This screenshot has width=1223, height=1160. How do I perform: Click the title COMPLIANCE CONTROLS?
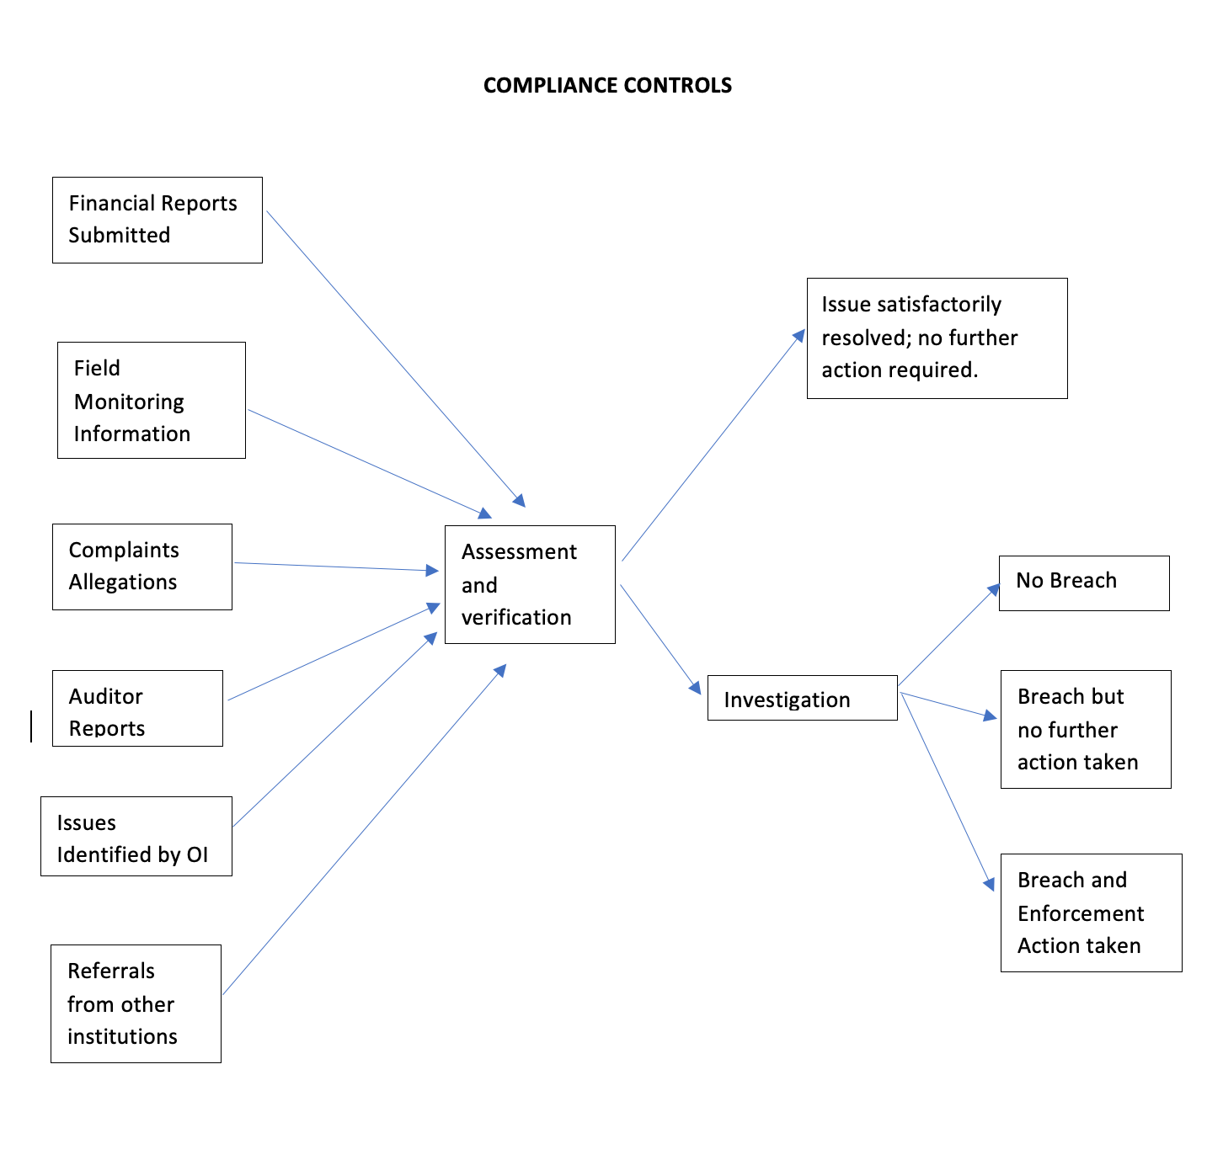tap(607, 85)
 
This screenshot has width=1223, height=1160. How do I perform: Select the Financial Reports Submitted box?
tap(157, 220)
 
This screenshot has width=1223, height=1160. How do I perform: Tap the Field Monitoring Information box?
tap(152, 400)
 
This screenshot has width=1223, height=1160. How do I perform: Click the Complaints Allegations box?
tap(142, 567)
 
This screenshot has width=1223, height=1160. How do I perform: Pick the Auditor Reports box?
tap(137, 708)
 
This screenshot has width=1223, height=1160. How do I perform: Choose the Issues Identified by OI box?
tap(136, 836)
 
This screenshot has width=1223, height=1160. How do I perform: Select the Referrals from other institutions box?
tap(136, 1003)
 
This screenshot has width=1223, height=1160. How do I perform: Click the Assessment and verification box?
tap(530, 584)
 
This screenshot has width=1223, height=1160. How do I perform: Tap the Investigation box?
tap(802, 698)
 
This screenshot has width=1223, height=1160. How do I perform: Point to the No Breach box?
tap(1083, 583)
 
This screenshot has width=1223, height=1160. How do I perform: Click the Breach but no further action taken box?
tap(1085, 729)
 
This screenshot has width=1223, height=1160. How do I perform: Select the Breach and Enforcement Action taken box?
tap(1091, 913)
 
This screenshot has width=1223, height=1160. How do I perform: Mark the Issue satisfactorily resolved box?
tap(937, 338)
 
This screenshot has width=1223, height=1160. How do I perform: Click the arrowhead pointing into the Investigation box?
tap(696, 687)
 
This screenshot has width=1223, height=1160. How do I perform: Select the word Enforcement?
tap(1081, 913)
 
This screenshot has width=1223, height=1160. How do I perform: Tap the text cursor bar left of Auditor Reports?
tap(31, 726)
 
